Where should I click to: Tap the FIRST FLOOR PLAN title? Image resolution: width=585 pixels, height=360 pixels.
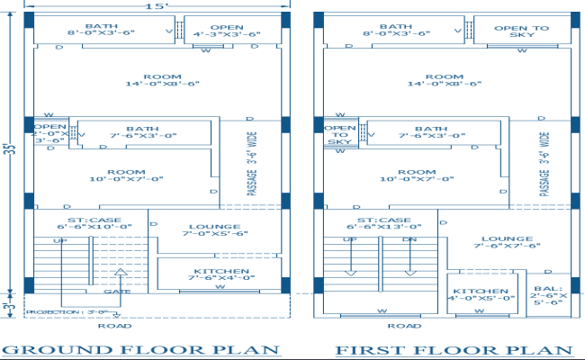click(454, 349)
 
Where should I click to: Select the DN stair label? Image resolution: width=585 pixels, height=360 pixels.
click(409, 240)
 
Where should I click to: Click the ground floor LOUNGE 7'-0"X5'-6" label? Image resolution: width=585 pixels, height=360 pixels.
click(214, 231)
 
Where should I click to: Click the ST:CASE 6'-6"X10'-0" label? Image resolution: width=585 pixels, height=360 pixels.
click(94, 223)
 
